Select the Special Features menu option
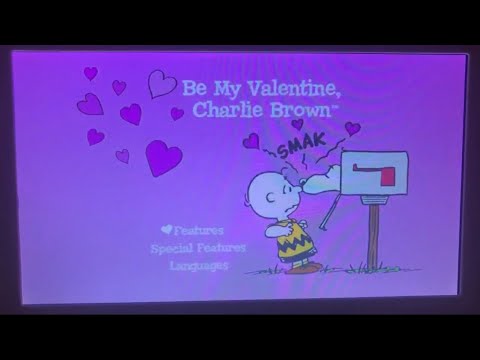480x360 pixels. click(198, 247)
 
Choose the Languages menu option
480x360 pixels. click(198, 265)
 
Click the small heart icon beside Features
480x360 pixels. click(166, 229)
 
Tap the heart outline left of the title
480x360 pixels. click(161, 83)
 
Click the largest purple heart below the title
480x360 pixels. click(160, 156)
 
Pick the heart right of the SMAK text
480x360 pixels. click(352, 128)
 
